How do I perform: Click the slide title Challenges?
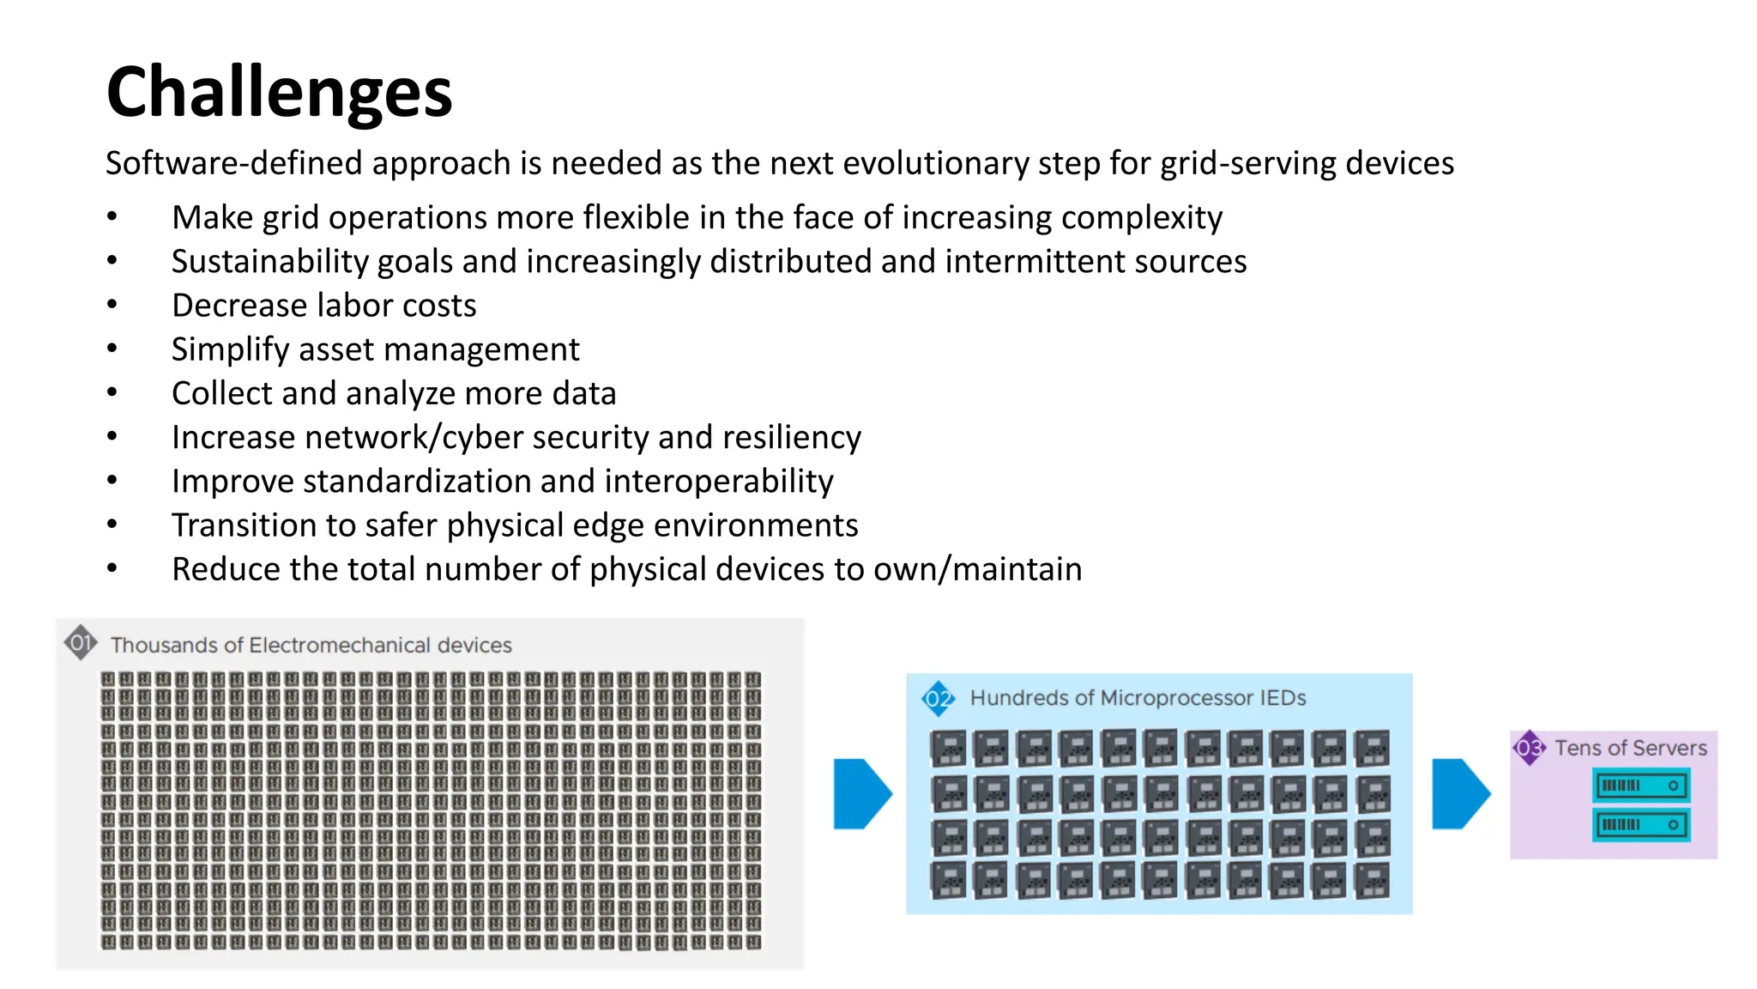279,93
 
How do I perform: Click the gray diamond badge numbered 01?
80,642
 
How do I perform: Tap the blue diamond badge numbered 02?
938,699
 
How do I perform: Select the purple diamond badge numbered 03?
1529,748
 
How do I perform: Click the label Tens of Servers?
1630,748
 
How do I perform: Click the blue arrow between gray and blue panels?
861,793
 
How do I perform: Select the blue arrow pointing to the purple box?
1460,793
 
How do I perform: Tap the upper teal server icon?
1640,785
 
